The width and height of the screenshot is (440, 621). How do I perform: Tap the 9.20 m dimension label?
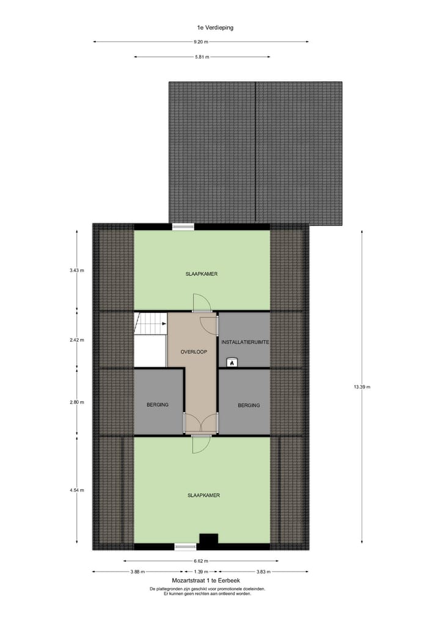point(201,42)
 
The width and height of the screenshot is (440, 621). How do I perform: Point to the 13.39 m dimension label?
point(362,387)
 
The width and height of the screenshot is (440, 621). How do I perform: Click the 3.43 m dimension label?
point(77,271)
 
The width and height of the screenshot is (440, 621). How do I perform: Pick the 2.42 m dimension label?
point(77,340)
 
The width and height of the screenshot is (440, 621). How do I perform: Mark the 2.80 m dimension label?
point(77,402)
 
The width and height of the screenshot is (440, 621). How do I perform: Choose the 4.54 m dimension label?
point(77,490)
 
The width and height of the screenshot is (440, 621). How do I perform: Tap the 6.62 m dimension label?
point(201,561)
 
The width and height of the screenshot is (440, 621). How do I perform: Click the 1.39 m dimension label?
point(201,572)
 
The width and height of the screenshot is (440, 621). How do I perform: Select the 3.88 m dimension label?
point(137,572)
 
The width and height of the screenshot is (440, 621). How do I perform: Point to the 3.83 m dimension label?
point(263,572)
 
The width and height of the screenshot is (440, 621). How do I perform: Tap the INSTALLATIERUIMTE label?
point(245,343)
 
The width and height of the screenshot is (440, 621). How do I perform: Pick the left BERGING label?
point(157,405)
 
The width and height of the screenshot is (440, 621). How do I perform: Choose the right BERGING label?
point(249,405)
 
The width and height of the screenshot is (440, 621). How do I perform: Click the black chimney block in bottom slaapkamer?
point(209,539)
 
